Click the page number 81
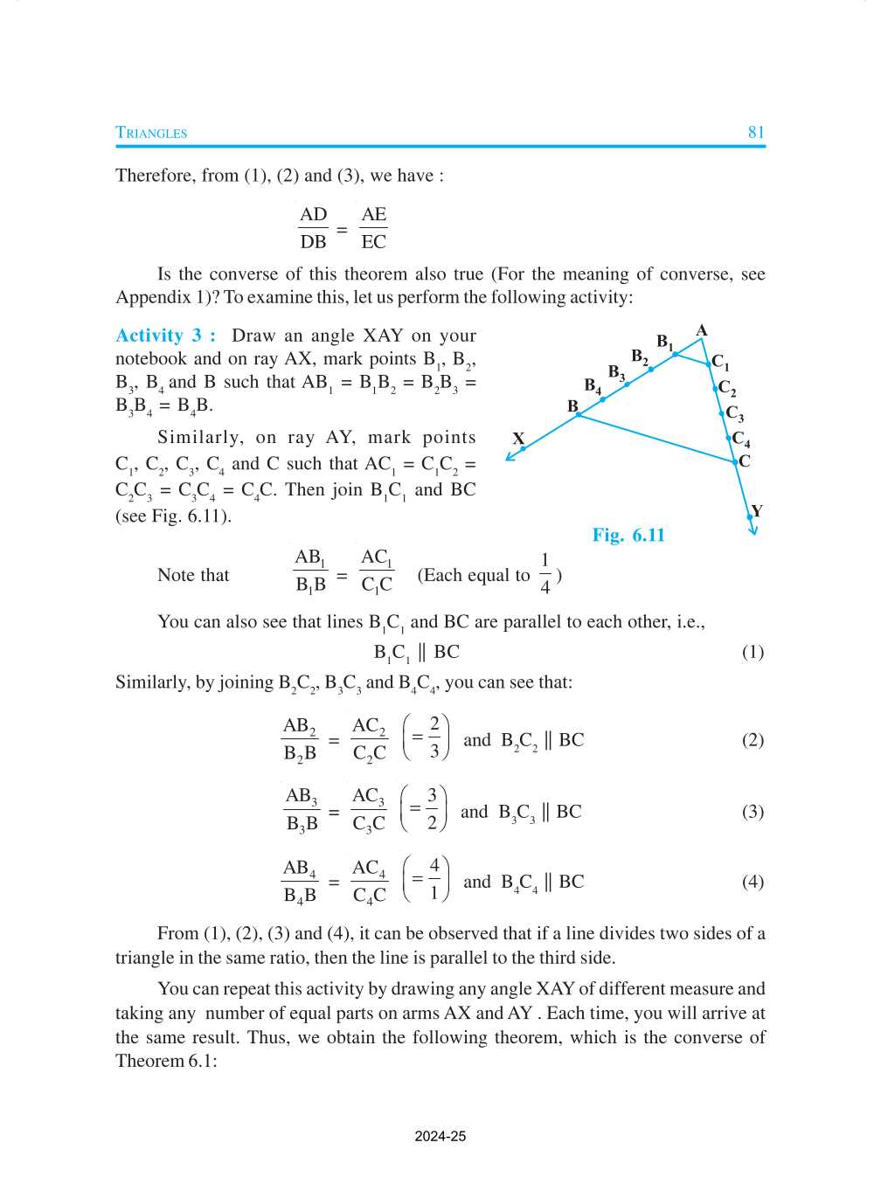pyautogui.click(x=756, y=132)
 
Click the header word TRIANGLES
pyautogui.click(x=151, y=133)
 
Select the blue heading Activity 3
pyautogui.click(x=165, y=336)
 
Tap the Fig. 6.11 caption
pyautogui.click(x=628, y=535)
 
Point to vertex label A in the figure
pyautogui.click(x=702, y=330)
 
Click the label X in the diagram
pyautogui.click(x=518, y=439)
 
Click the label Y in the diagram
pyautogui.click(x=757, y=510)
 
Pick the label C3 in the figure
pyautogui.click(x=735, y=413)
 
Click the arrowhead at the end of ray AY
pyautogui.click(x=753, y=530)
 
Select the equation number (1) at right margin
pyautogui.click(x=753, y=652)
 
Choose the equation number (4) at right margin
pyautogui.click(x=753, y=881)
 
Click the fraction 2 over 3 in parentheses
pyautogui.click(x=434, y=737)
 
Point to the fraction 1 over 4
pyautogui.click(x=545, y=573)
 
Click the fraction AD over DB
pyautogui.click(x=313, y=228)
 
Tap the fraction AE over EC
pyautogui.click(x=373, y=228)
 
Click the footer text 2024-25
pyautogui.click(x=440, y=1136)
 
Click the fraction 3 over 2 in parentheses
pyautogui.click(x=432, y=808)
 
